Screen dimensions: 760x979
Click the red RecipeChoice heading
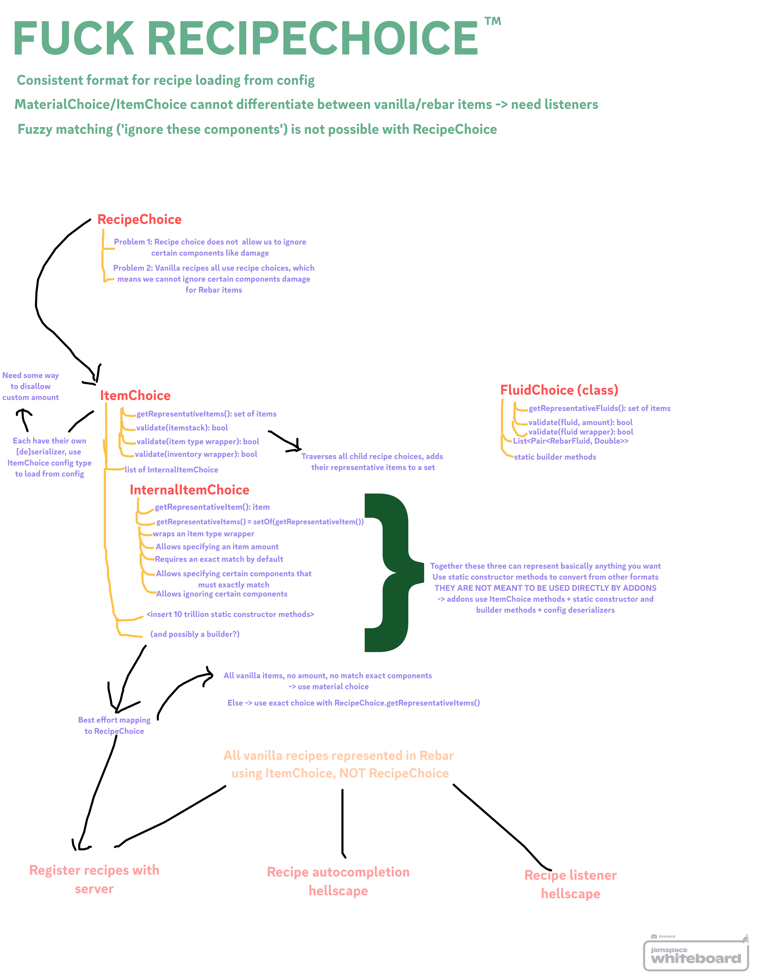tap(139, 220)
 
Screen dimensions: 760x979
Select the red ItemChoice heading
tap(135, 395)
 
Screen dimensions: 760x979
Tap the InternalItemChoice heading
tap(189, 490)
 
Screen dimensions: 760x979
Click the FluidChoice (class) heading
tap(559, 390)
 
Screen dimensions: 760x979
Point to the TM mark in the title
tap(493, 22)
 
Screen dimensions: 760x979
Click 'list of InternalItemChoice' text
tap(171, 470)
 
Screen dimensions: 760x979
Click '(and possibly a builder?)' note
tap(195, 634)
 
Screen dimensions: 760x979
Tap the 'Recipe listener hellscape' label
tap(571, 884)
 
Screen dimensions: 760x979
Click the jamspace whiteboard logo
tap(696, 954)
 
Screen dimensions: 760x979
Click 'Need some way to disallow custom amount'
tap(30, 386)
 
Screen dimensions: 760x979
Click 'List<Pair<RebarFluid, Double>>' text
tap(571, 441)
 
